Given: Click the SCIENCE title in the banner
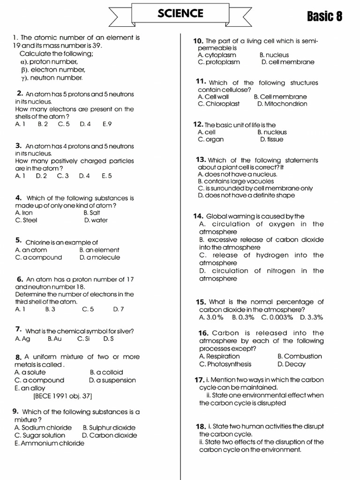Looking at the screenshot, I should tap(180, 14).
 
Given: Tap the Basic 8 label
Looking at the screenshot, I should tap(324, 17).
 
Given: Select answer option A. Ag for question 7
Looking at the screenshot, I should tap(22, 338).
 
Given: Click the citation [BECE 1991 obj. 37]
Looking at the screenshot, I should tap(62, 396).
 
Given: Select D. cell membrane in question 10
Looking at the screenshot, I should tap(288, 62).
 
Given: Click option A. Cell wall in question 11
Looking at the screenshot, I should tap(213, 97).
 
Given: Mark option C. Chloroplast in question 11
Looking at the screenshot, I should tap(218, 104).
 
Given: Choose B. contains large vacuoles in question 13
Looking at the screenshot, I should tap(236, 181).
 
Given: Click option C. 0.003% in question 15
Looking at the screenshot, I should tap(277, 317).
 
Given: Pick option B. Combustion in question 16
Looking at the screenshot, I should tap(300, 356).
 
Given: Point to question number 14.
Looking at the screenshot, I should tap(197, 216).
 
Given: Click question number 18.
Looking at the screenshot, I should tap(201, 427).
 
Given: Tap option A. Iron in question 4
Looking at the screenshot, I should tap(24, 212).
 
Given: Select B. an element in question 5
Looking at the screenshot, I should tap(99, 250).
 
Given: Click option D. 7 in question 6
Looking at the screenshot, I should tap(118, 309).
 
